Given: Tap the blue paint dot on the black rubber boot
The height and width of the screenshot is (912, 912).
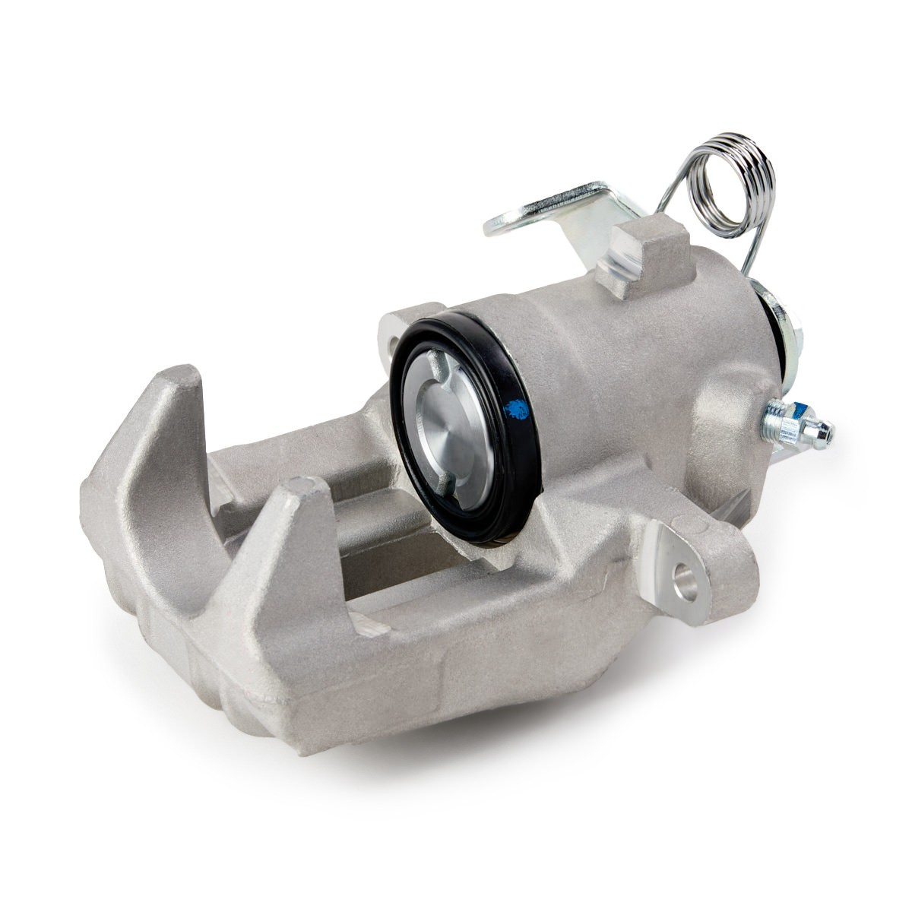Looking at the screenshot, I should (x=516, y=410).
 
